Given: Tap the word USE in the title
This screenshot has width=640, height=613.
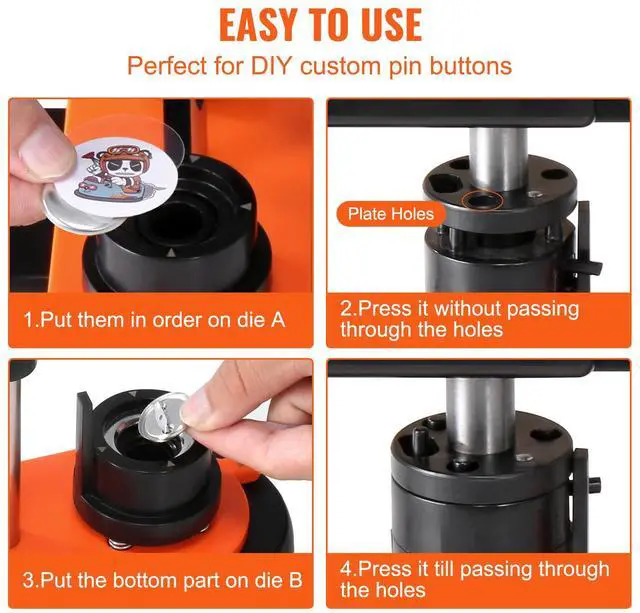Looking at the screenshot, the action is click(x=391, y=25).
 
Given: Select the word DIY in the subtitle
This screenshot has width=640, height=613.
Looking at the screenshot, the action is click(x=272, y=65).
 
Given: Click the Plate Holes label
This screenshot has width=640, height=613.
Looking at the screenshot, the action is click(x=391, y=214).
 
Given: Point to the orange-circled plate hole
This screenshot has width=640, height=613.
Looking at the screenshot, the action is click(x=482, y=200).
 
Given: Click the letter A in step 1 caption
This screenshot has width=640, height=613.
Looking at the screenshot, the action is click(x=278, y=320).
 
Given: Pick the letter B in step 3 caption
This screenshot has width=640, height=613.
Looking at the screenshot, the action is click(x=296, y=580).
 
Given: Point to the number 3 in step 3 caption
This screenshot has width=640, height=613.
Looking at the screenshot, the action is click(x=28, y=580).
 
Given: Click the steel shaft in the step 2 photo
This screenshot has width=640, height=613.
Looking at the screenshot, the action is click(x=498, y=159).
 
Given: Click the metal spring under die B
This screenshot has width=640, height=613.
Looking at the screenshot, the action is click(x=120, y=544).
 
